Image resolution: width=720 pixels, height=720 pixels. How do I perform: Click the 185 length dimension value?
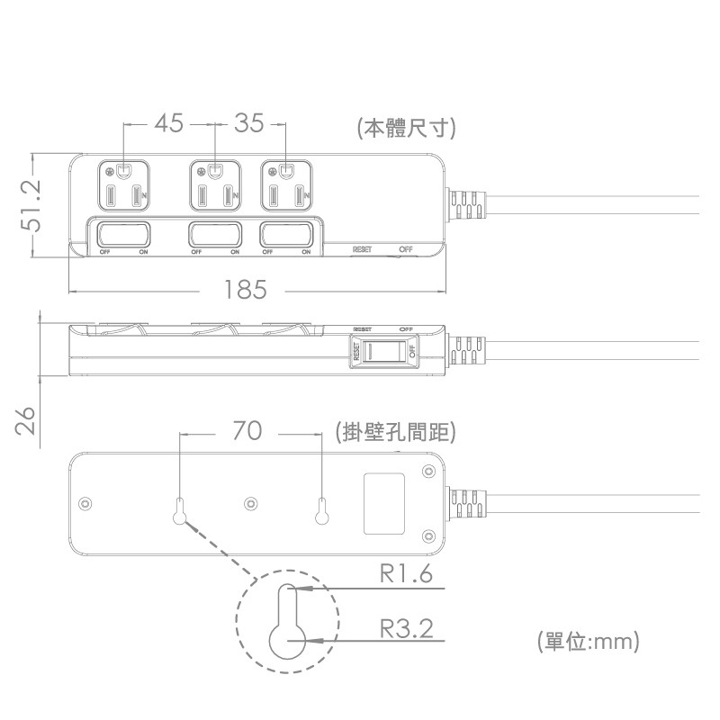(247, 290)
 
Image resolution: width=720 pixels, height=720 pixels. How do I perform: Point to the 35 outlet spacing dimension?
(249, 123)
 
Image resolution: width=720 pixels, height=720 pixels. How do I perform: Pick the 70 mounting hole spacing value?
(247, 432)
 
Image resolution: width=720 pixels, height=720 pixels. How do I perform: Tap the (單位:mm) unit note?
(588, 642)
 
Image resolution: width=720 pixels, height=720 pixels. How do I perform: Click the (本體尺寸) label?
(406, 128)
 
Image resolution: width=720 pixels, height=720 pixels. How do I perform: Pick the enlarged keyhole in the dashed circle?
(287, 622)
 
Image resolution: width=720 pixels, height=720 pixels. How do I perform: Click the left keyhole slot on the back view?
(181, 511)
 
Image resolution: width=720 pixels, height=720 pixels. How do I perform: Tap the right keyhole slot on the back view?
(321, 511)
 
